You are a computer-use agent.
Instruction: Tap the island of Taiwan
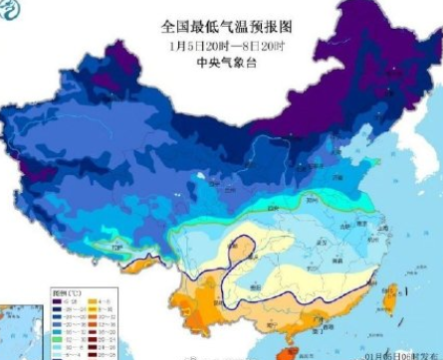point(391,293)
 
